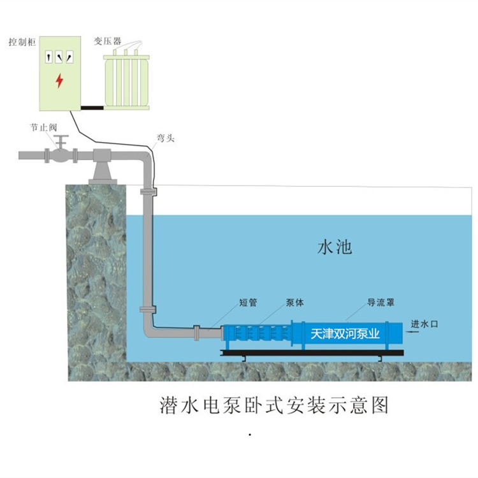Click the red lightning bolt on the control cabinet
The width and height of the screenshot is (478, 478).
click(x=59, y=80)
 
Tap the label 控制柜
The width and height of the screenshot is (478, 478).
click(x=22, y=42)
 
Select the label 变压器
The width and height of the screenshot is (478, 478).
click(x=107, y=41)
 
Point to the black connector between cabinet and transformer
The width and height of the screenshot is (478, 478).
click(x=92, y=108)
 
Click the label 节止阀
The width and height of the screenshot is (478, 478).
click(x=43, y=127)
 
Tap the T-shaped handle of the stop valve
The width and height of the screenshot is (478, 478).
click(x=62, y=141)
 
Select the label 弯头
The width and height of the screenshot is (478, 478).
click(x=166, y=138)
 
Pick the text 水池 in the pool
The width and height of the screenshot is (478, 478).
click(x=335, y=247)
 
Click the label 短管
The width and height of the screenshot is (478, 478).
click(x=248, y=302)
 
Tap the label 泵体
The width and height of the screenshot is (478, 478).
click(x=295, y=302)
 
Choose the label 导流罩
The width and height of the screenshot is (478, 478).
click(x=380, y=302)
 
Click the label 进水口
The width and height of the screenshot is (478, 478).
click(x=424, y=324)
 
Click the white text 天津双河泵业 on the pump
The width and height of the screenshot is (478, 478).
click(x=345, y=334)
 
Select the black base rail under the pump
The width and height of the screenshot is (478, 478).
click(x=312, y=353)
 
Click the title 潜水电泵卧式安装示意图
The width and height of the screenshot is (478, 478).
click(x=274, y=405)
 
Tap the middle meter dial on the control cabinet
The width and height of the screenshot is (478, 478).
click(x=59, y=57)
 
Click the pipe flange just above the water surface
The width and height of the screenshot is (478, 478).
click(x=148, y=192)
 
